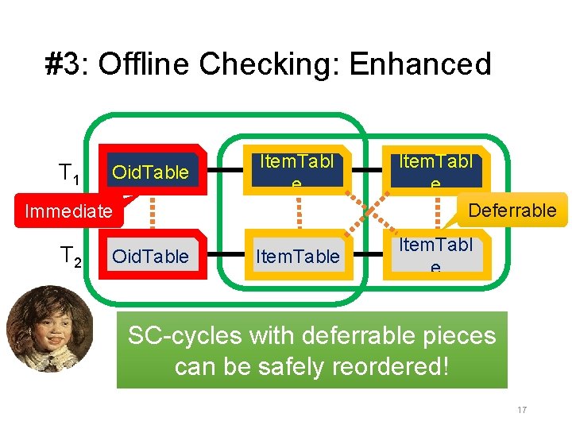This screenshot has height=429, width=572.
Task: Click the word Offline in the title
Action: pos(145,64)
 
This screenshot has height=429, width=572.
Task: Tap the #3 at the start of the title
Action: pos(68,64)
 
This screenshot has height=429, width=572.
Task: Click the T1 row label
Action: pos(68,172)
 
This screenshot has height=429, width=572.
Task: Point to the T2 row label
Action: pos(70,256)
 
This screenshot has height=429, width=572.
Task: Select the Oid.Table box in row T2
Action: pos(151,256)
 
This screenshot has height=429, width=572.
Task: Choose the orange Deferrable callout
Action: pos(512,211)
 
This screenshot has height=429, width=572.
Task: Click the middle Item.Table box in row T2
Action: pos(298,256)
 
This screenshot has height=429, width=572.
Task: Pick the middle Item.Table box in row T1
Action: pos(296,171)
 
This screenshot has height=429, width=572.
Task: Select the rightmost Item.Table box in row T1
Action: pos(435,171)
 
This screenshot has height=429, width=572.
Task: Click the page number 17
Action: pos(522,410)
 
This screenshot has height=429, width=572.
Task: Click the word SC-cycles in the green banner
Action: pos(184,336)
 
